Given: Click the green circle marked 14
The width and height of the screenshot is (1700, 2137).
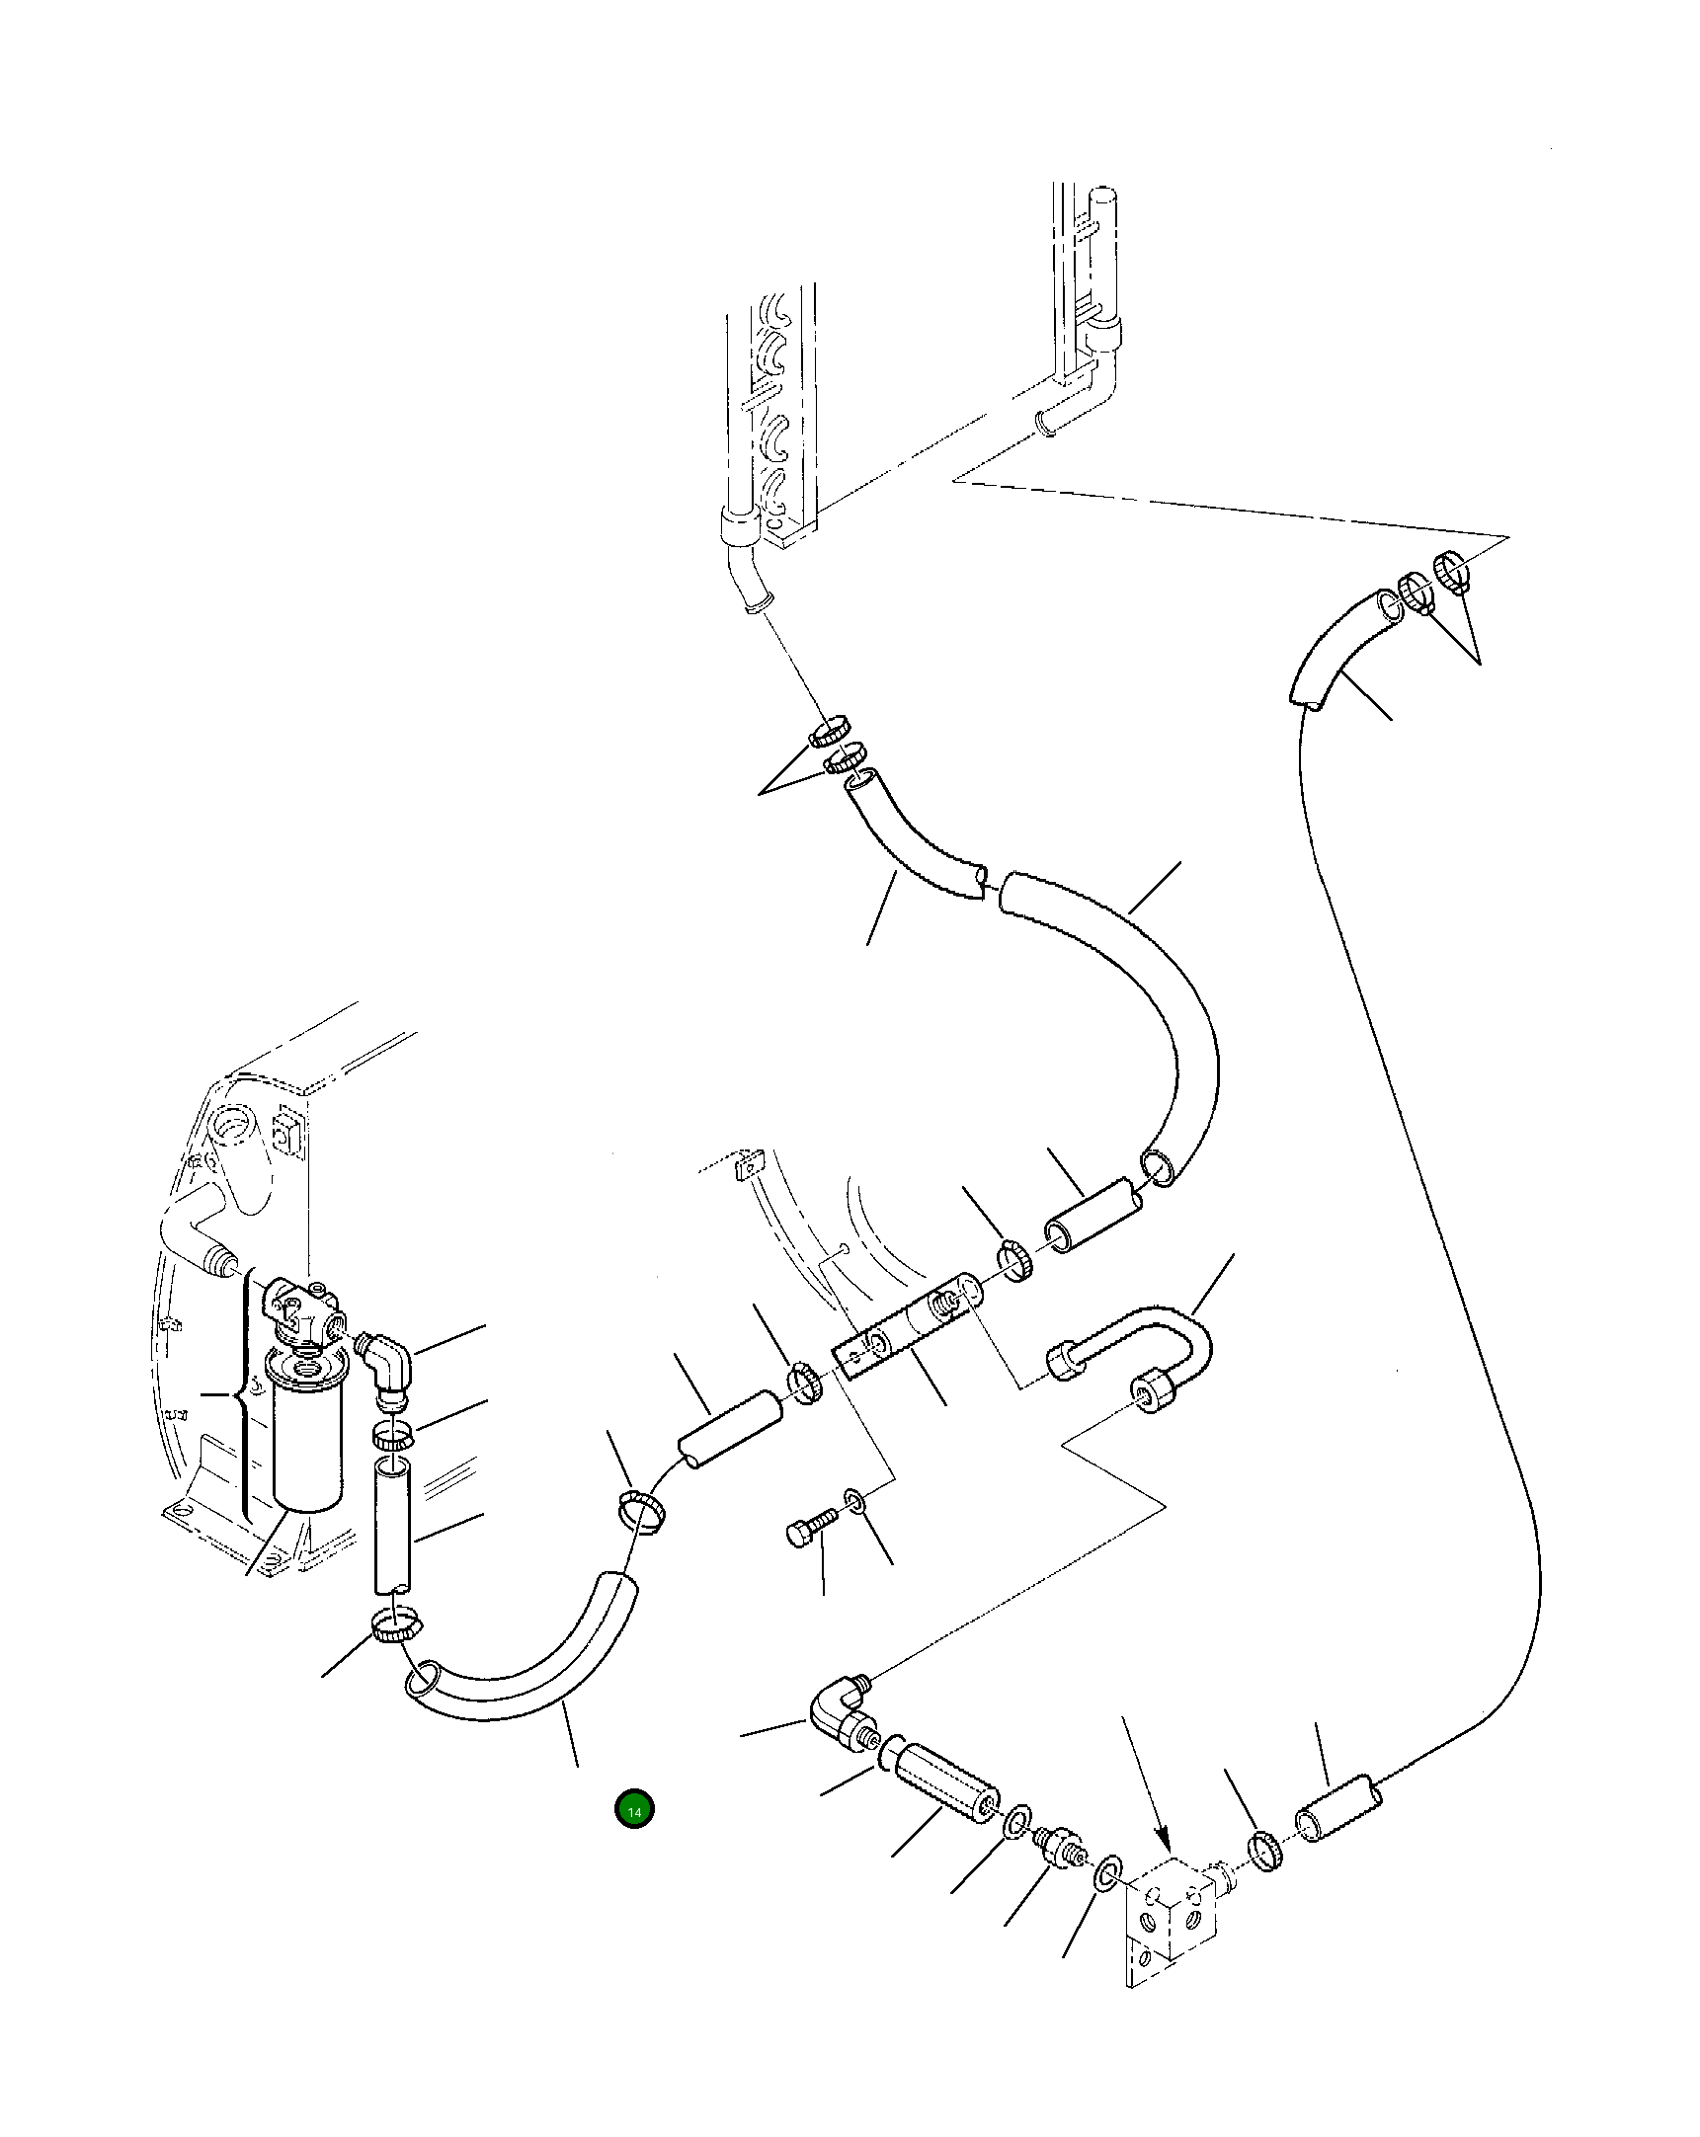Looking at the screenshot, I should click(634, 1811).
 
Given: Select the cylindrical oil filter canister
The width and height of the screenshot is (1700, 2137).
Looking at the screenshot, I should click(307, 1452).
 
